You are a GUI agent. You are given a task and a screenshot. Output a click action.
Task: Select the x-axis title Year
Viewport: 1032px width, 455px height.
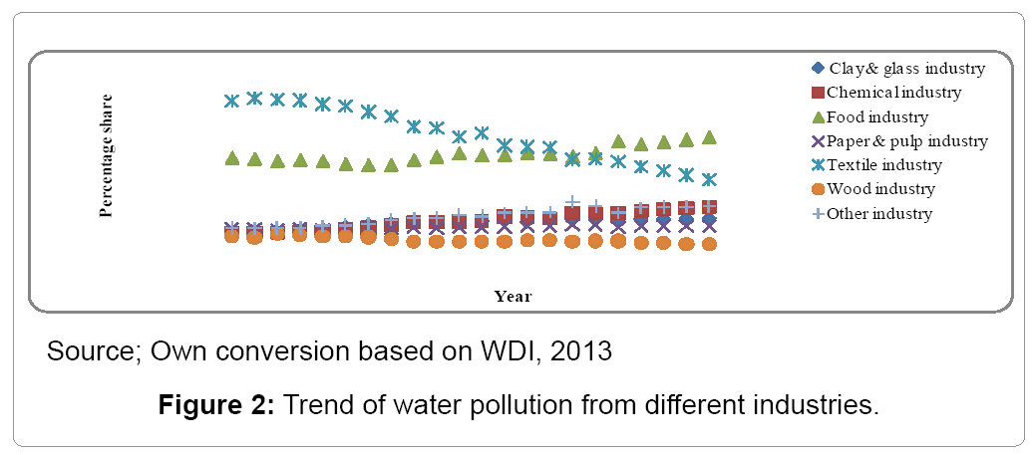[513, 296]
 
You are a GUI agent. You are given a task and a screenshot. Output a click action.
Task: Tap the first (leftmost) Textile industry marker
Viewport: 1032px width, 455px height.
[232, 101]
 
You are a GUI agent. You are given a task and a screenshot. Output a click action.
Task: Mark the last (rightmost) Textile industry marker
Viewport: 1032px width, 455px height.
[710, 180]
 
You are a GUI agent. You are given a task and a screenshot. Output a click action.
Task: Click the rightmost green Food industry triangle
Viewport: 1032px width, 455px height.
[710, 137]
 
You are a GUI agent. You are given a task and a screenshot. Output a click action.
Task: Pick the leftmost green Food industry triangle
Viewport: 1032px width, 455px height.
[232, 158]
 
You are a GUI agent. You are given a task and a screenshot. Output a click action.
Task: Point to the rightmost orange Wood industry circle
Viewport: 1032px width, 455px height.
[710, 243]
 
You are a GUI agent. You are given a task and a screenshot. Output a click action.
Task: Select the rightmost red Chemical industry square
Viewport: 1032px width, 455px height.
[710, 207]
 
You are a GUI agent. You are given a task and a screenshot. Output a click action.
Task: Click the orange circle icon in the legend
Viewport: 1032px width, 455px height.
[818, 189]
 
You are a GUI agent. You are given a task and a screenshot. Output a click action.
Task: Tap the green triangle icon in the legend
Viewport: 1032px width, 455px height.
[818, 117]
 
